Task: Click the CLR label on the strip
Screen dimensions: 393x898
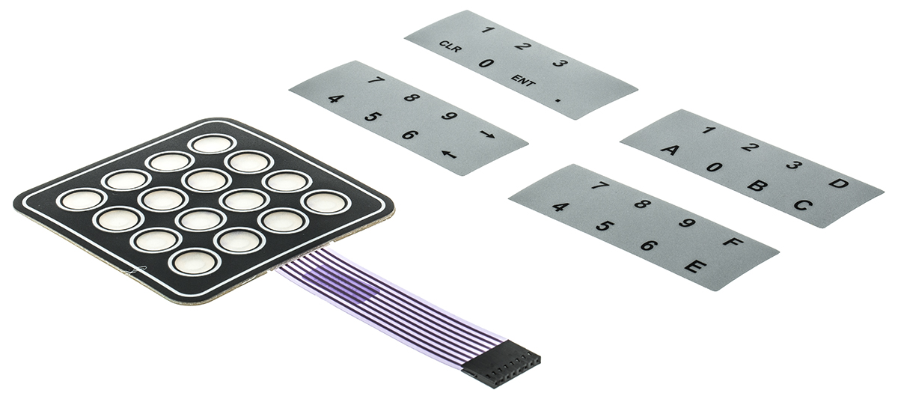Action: (x=450, y=47)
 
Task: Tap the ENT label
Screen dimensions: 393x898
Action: (x=523, y=81)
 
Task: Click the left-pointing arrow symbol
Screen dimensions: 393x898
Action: (x=448, y=154)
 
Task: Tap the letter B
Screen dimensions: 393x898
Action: (x=757, y=184)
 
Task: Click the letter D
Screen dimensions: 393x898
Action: (x=840, y=183)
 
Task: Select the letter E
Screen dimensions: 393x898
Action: (x=692, y=265)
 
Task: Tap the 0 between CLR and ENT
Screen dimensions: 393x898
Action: (x=486, y=64)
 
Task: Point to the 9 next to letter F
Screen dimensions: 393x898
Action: (x=686, y=222)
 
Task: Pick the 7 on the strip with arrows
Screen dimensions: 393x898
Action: (x=376, y=80)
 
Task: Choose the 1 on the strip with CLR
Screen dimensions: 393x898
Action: (x=486, y=31)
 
